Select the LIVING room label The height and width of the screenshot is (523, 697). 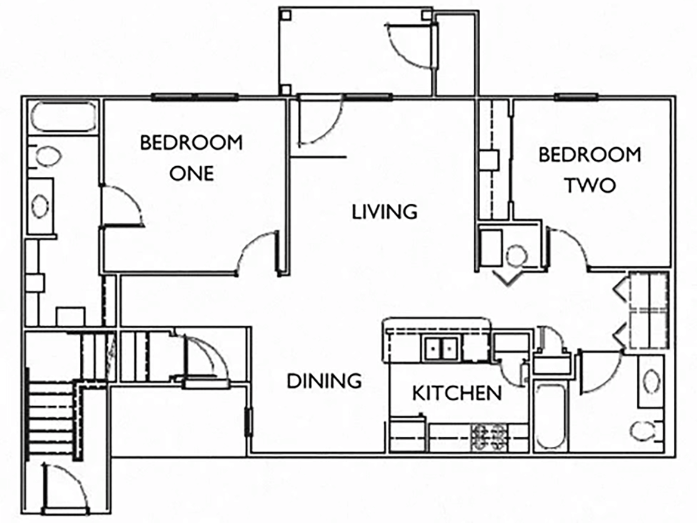point(384,211)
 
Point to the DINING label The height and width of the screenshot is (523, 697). point(324,381)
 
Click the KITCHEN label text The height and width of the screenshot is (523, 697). point(457,393)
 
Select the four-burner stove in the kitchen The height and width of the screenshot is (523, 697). point(489,438)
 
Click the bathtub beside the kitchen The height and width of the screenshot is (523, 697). point(549,416)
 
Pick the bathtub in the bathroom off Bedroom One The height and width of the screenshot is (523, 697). point(63,118)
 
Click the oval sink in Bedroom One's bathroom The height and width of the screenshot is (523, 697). point(41,206)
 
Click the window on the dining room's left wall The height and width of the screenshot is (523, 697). point(247,422)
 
